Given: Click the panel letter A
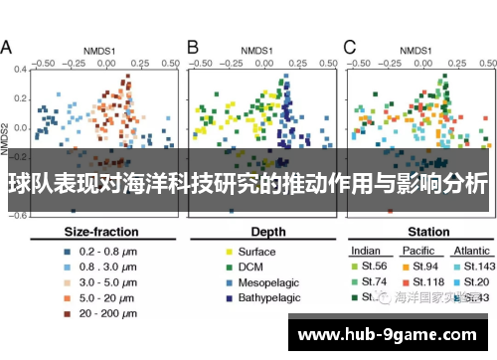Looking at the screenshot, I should (x=7, y=47).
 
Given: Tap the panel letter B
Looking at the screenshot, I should (x=193, y=47).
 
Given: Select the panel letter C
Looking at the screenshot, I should (x=349, y=47).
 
